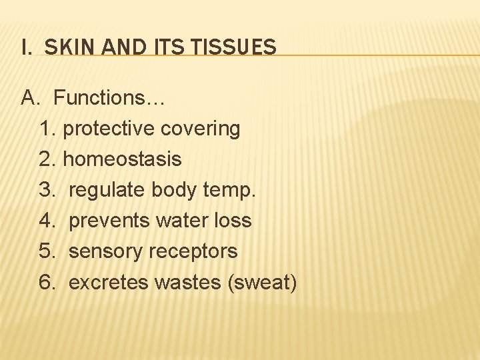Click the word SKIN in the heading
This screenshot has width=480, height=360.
click(x=66, y=47)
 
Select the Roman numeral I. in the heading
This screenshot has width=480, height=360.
click(x=26, y=47)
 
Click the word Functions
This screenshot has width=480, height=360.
click(x=109, y=98)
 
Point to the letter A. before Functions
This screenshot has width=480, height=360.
click(x=31, y=98)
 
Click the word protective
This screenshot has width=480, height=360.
click(x=109, y=129)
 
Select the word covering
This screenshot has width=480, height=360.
click(x=201, y=129)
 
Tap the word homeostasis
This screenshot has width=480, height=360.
click(x=122, y=159)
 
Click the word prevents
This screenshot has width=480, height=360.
click(x=109, y=221)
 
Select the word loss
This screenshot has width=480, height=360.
click(x=231, y=221)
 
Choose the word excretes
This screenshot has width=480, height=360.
click(x=108, y=282)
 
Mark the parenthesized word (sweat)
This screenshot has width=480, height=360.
click(x=262, y=282)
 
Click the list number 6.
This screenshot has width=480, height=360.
click(x=47, y=282)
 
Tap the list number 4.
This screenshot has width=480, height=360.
click(x=47, y=221)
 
